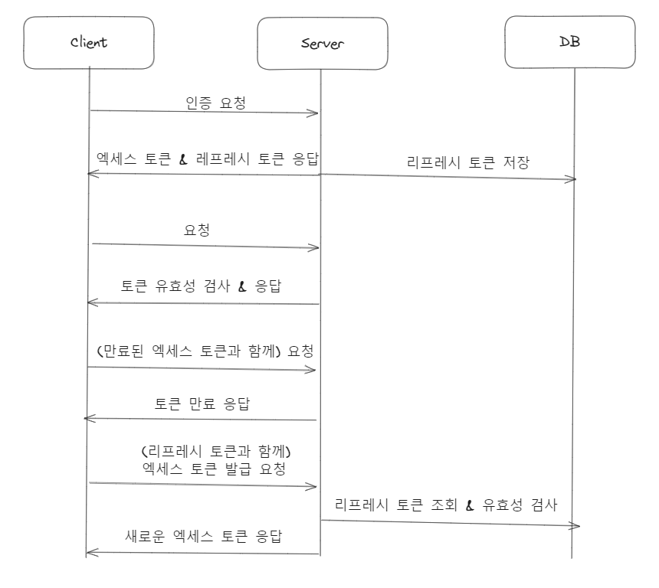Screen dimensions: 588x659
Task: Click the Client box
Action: tap(89, 42)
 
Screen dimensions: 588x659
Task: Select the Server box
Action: tap(320, 43)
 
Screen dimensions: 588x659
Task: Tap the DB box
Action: tap(571, 41)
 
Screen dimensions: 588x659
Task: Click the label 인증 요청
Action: tap(216, 103)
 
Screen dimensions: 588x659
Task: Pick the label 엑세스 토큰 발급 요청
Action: tap(214, 469)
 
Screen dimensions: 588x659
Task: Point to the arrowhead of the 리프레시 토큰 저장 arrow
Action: tap(572, 179)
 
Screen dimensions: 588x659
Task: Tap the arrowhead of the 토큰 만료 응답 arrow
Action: tap(87, 418)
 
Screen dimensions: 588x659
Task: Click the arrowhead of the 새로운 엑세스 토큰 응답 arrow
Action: tap(89, 552)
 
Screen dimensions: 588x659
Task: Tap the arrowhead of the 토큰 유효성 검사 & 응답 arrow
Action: tap(90, 302)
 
